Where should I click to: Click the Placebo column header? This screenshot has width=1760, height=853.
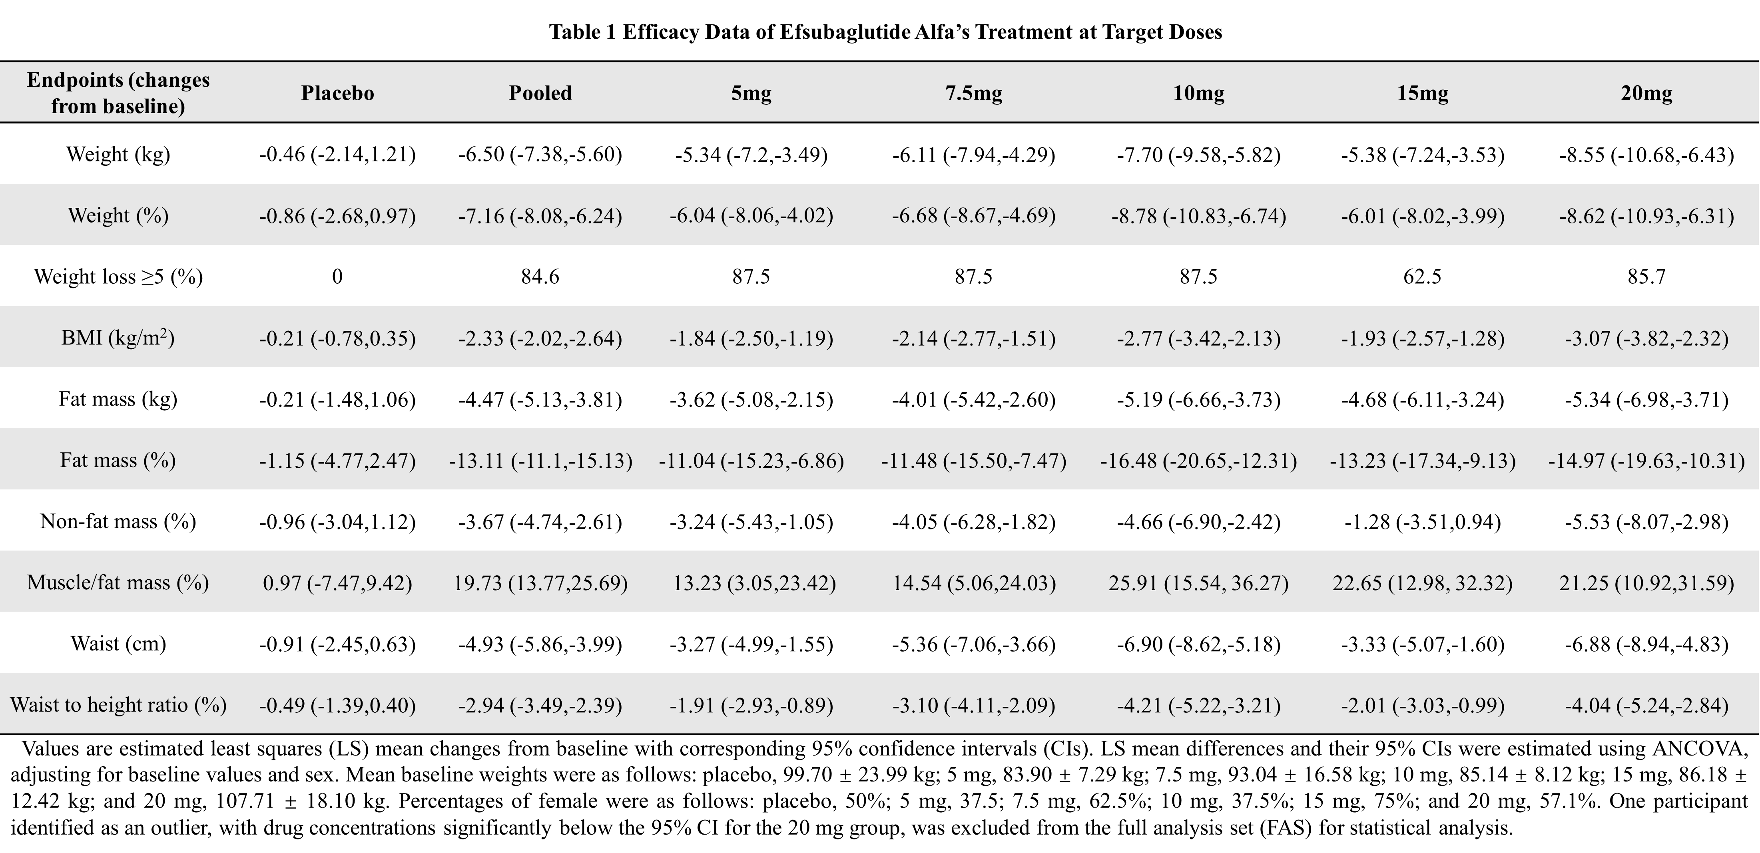point(337,93)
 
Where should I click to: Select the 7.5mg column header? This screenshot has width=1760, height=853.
point(974,93)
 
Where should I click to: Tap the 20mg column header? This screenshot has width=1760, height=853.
point(1646,93)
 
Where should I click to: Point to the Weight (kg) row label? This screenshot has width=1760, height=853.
point(118,154)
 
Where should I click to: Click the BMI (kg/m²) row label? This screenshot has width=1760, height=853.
point(118,338)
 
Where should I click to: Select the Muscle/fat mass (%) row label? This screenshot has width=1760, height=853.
point(118,583)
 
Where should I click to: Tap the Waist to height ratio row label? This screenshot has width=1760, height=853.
point(118,705)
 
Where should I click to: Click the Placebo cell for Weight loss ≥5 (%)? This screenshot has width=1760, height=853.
point(337,276)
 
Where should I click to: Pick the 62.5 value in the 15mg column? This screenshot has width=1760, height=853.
point(1423,276)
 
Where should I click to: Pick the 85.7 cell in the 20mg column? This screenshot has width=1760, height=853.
point(1646,276)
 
